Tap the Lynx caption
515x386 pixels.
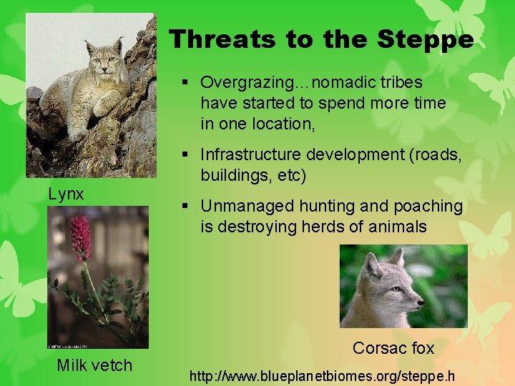(x=66, y=194)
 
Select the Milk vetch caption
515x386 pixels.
(x=94, y=365)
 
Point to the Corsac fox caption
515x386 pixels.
(x=393, y=348)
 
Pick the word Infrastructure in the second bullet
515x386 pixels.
(x=250, y=154)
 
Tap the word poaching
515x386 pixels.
(x=429, y=206)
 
